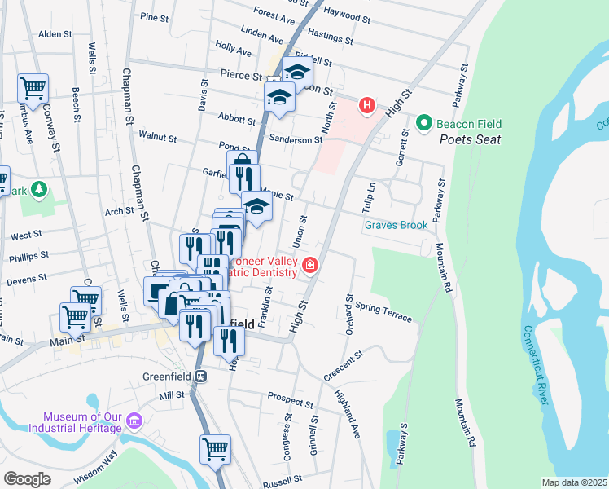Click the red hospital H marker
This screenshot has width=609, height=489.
tap(367, 105)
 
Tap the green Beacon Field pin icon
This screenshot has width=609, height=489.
tap(423, 124)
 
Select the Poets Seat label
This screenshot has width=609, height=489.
tap(471, 139)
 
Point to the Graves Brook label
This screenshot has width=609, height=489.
tap(396, 225)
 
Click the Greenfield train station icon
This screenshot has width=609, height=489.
tap(199, 377)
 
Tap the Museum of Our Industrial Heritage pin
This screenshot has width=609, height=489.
tap(134, 421)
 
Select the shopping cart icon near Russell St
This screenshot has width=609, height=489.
tap(215, 449)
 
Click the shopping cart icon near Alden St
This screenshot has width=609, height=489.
tap(33, 88)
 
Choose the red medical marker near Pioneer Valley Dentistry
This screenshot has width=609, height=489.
tap(309, 265)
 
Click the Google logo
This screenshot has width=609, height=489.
tap(27, 478)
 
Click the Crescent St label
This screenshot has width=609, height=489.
tap(342, 363)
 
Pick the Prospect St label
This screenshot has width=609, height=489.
tap(291, 399)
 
